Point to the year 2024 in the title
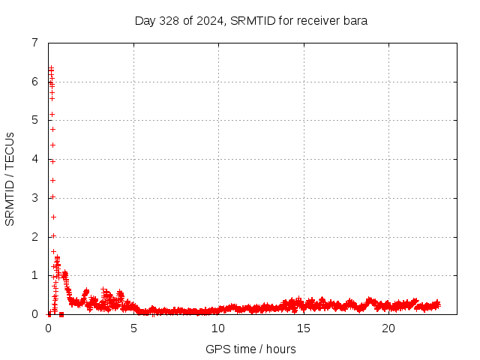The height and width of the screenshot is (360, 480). (x=205, y=21)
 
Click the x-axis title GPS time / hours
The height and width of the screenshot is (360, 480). (x=251, y=349)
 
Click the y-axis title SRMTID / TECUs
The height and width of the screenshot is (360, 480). (x=10, y=178)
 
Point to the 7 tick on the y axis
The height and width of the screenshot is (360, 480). (x=34, y=43)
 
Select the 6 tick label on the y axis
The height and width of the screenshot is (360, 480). (x=34, y=82)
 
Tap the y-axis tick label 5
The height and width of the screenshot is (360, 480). (x=34, y=120)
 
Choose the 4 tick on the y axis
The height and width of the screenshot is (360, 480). (x=34, y=159)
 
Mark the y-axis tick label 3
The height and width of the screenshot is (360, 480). (x=34, y=198)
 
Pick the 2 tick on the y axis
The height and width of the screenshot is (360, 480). (x=34, y=237)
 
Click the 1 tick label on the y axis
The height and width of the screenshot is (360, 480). (x=34, y=275)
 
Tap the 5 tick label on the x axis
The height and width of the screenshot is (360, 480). (x=133, y=328)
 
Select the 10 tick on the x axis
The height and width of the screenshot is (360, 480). (x=218, y=328)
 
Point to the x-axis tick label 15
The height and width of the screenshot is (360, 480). (x=303, y=328)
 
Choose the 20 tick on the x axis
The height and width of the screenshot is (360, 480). (x=388, y=328)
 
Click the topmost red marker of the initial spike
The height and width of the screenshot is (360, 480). (x=51, y=68)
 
